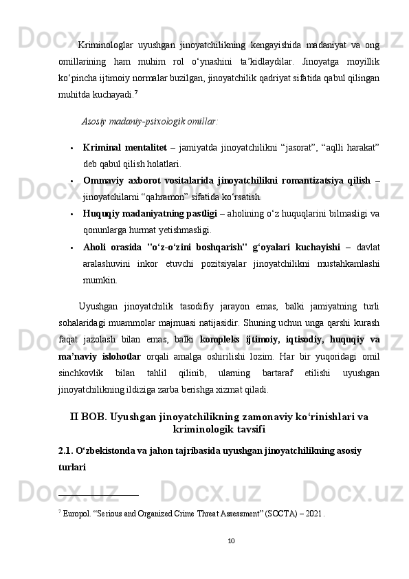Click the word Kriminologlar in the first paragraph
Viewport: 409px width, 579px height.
click(x=103, y=45)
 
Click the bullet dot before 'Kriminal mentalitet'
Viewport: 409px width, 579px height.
click(x=71, y=147)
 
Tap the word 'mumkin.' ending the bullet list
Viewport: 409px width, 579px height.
click(x=100, y=281)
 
